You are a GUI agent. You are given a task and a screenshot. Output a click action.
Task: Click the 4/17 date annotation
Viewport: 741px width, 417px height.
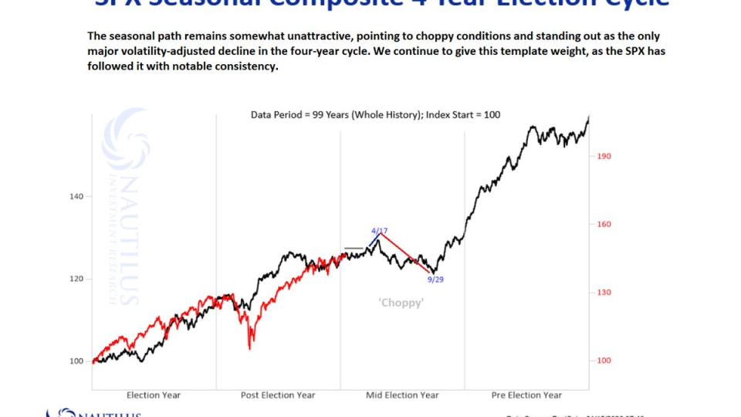(379, 231)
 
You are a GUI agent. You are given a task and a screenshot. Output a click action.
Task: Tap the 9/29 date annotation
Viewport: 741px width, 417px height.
(435, 279)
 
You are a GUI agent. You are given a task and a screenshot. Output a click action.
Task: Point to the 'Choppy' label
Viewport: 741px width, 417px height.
(401, 303)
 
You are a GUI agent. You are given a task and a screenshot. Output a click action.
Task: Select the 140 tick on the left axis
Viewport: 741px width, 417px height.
(76, 196)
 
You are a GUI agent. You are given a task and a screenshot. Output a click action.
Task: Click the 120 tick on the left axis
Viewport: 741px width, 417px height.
(76, 279)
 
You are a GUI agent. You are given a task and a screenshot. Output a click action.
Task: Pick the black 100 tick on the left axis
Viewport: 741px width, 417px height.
(76, 361)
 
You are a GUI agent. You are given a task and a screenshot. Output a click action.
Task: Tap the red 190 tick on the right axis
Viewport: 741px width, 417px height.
(604, 156)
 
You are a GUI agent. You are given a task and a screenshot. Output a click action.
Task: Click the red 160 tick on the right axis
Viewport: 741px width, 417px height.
(604, 225)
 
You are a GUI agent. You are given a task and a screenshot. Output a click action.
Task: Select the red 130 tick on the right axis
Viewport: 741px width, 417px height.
(604, 293)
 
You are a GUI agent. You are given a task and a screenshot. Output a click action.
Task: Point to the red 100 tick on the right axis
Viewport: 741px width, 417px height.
(604, 361)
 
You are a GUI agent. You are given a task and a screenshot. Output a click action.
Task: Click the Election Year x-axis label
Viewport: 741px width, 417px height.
(154, 395)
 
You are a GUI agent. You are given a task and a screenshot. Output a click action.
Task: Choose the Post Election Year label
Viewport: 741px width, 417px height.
(278, 395)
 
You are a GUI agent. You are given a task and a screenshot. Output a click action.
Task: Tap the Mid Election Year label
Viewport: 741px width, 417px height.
(402, 395)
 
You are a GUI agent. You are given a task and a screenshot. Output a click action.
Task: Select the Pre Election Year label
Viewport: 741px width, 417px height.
(526, 395)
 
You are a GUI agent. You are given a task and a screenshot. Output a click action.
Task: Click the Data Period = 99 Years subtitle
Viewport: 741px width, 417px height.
(375, 115)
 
